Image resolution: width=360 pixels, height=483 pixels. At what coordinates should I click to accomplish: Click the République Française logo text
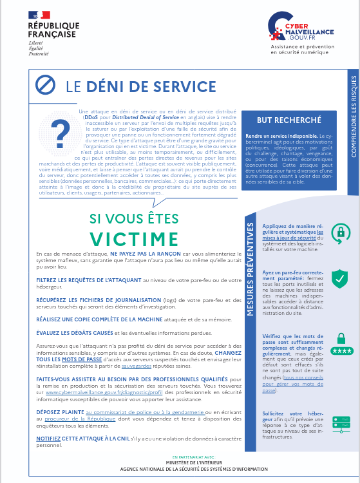pyautogui.click(x=53, y=30)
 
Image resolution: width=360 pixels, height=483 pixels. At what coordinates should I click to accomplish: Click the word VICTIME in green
pyautogui.click(x=134, y=238)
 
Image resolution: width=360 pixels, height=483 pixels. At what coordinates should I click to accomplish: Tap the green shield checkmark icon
pyautogui.click(x=340, y=278)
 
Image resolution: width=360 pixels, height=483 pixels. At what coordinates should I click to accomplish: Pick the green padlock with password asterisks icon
pyautogui.click(x=340, y=344)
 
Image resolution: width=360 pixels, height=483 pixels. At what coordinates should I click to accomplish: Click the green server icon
pyautogui.click(x=340, y=422)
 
